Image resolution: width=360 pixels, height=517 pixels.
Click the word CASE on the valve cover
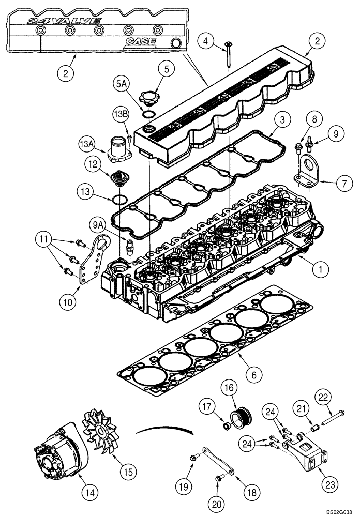click(x=142, y=40)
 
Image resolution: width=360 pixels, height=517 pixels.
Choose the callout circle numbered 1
click(x=320, y=268)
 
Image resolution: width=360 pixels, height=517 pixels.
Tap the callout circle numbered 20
click(x=218, y=503)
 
